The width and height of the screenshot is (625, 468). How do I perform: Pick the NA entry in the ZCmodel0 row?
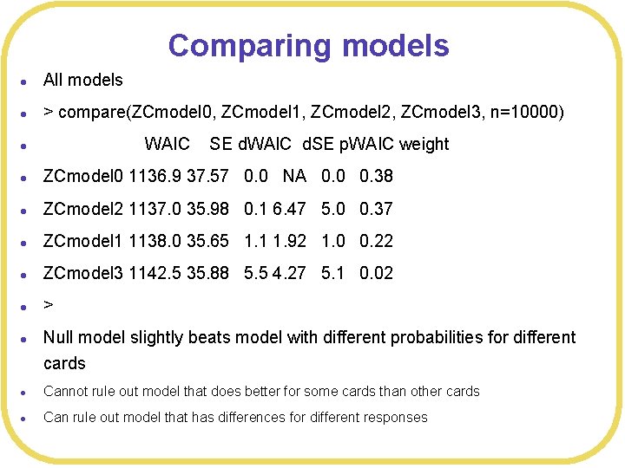pos(294,176)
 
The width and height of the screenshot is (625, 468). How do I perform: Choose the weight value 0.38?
pos(376,176)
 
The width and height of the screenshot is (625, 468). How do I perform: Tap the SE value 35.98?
pos(207,208)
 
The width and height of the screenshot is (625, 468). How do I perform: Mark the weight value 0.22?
pos(376,240)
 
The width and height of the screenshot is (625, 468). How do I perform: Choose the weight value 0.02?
pos(376,273)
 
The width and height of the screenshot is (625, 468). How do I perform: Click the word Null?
pos(59,337)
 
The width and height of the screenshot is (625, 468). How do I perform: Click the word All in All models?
pos(53,80)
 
